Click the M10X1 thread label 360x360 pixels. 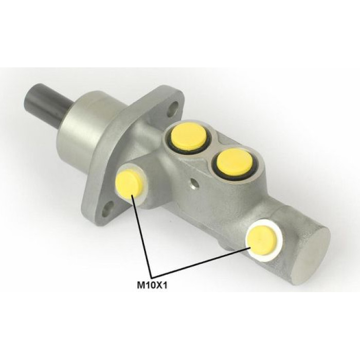(152, 285)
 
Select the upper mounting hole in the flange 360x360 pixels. (173, 109)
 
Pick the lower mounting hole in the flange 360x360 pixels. (109, 208)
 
